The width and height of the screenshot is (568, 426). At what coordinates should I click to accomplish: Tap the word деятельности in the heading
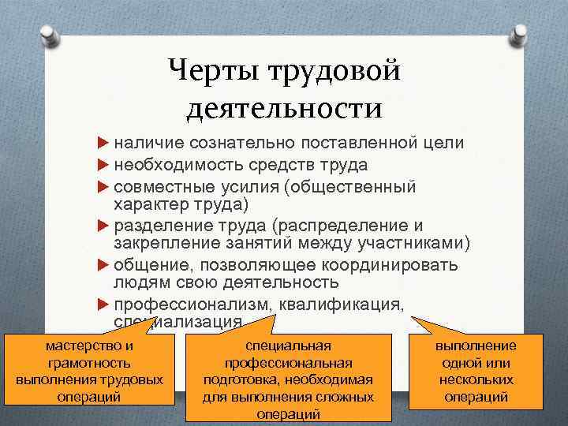[x=284, y=107]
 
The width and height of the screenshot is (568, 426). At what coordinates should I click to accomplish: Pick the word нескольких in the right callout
[x=476, y=380]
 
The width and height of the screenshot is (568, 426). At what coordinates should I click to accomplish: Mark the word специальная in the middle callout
[x=288, y=346]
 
